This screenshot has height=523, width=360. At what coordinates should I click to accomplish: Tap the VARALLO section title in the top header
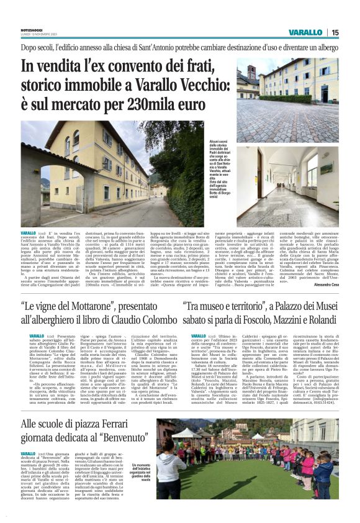tap(305, 33)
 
